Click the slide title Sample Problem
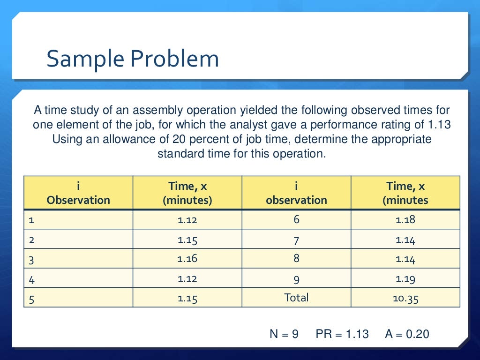click(x=133, y=60)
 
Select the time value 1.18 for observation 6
click(x=405, y=219)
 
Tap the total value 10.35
click(x=405, y=298)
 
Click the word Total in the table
click(x=296, y=298)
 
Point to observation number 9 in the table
click(x=296, y=279)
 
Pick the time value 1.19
click(x=405, y=278)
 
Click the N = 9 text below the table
click(x=284, y=334)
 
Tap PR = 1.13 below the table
click(x=342, y=334)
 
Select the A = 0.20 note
click(x=407, y=334)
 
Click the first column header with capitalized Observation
click(x=78, y=193)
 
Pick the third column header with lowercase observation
click(x=296, y=193)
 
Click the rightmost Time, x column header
click(x=405, y=193)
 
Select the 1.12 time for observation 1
click(x=187, y=219)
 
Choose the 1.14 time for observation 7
click(x=405, y=240)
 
